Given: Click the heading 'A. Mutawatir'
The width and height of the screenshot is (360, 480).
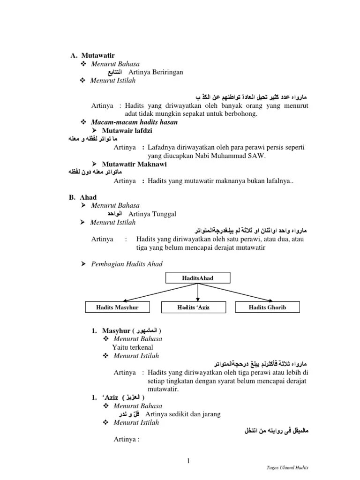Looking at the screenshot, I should tap(92, 55).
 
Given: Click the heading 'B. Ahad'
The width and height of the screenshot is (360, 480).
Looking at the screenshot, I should tap(82, 197).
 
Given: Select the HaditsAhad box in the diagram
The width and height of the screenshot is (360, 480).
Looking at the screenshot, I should tap(197, 278).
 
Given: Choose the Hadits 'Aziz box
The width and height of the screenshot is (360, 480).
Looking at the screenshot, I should tap(197, 307).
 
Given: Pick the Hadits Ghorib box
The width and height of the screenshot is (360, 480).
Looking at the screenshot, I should tap(267, 307).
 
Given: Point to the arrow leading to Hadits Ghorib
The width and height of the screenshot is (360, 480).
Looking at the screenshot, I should tap(237, 292).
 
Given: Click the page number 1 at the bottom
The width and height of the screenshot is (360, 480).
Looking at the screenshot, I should tap(188, 461).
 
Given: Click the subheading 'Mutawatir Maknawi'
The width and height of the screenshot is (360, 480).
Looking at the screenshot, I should tap(129, 164).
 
